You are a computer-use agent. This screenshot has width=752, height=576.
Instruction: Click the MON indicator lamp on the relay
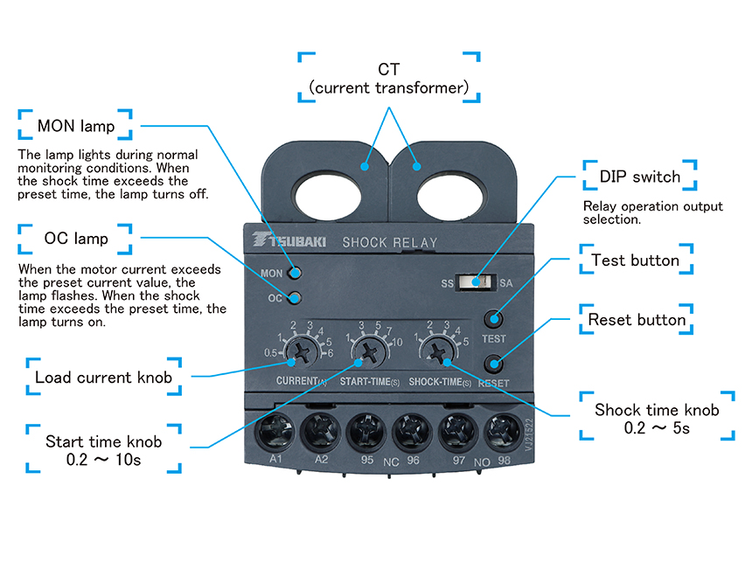click(x=296, y=274)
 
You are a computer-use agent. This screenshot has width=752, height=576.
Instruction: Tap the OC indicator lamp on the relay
click(x=296, y=297)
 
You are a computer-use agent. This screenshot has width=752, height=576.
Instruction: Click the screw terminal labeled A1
click(x=276, y=431)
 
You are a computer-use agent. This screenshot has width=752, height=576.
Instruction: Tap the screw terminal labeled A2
click(x=321, y=431)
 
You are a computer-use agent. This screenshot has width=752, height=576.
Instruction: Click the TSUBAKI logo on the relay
click(x=289, y=240)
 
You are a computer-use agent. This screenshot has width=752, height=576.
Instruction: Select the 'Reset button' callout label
click(x=637, y=320)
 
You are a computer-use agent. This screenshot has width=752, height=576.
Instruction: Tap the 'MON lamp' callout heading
click(x=76, y=126)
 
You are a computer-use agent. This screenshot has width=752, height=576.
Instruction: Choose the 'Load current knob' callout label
click(x=104, y=378)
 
